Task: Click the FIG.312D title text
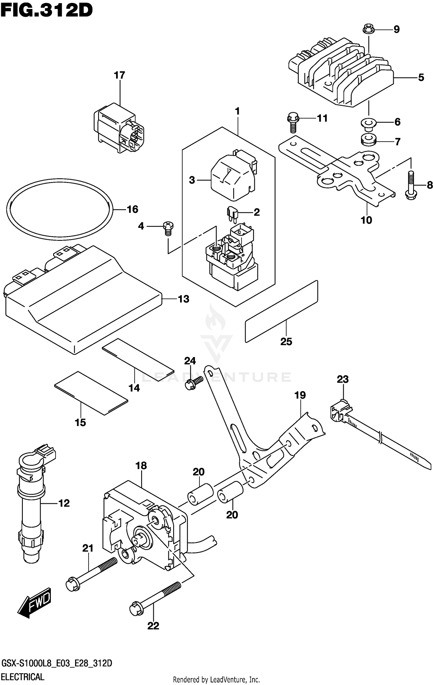(46, 11)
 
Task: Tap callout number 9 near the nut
(397, 29)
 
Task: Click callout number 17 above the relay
(119, 75)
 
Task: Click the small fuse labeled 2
(232, 214)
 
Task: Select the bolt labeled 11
(293, 122)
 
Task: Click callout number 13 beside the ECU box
(184, 299)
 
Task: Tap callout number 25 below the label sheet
(286, 341)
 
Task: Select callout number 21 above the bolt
(88, 548)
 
